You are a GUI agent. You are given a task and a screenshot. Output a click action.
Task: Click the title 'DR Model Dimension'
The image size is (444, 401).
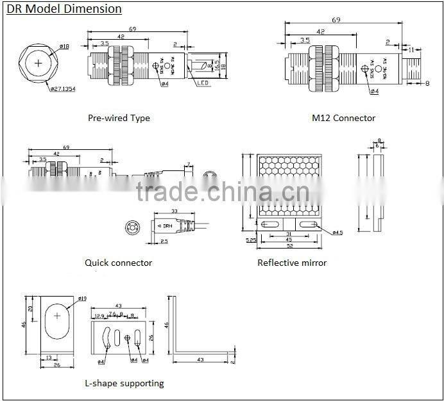pos(64,9)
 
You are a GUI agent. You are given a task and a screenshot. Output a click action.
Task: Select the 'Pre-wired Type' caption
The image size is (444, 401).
pos(119,118)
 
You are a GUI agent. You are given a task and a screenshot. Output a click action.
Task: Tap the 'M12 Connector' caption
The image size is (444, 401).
pos(343,118)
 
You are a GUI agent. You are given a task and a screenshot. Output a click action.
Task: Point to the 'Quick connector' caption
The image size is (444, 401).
pos(118,263)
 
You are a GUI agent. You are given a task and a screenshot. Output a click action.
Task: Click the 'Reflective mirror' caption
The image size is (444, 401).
pos(292,263)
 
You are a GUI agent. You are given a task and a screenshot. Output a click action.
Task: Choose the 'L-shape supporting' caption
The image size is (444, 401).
pos(124,383)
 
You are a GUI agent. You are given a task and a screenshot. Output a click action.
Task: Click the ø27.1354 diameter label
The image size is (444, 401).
pos(63,88)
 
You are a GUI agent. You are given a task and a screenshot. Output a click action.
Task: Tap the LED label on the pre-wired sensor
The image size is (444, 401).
pos(203,83)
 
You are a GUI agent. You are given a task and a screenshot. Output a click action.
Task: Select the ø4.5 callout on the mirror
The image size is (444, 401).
pos(337,233)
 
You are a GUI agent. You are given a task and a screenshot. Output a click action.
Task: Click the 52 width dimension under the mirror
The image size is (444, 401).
pos(290,246)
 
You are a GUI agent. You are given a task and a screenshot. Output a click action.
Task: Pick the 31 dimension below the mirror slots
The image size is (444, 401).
pos(289,234)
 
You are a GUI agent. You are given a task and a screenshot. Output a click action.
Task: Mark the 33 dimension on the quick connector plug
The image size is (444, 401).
pos(174,211)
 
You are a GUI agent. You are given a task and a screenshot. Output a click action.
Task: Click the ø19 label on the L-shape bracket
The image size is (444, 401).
pos(82,299)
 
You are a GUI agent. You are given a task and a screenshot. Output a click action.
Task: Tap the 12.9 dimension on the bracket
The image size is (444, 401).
pos(99,315)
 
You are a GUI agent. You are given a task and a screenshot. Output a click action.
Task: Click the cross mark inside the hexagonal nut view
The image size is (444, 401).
pos(40,63)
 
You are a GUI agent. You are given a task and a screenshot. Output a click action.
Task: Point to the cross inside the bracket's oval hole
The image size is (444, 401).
pos(58,316)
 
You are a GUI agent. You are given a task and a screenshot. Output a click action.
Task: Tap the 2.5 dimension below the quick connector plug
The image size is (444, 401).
pos(164,241)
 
